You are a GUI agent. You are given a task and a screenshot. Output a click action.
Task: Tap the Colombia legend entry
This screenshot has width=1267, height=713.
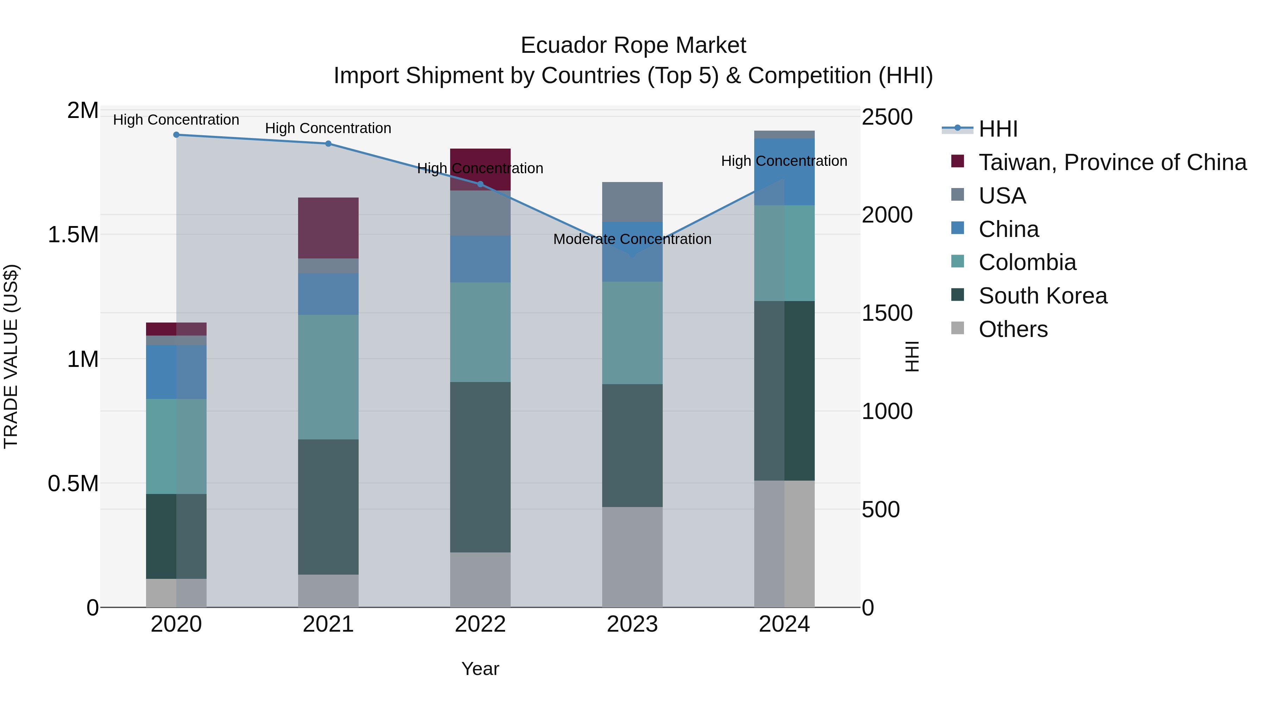1027,262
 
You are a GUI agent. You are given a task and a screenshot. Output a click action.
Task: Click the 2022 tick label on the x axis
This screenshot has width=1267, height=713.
480,624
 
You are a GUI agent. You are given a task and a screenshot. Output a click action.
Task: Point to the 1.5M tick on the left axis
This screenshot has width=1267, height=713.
73,235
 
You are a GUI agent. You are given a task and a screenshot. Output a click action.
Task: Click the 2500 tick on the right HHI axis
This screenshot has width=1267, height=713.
887,117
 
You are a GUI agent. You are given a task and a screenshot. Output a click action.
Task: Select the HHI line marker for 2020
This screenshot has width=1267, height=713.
177,135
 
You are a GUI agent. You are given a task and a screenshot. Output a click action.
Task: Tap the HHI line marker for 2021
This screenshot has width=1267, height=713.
329,144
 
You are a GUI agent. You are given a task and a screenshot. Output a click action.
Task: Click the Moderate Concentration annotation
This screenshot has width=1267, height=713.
632,239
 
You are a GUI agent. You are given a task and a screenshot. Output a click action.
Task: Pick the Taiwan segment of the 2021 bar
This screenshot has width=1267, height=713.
329,228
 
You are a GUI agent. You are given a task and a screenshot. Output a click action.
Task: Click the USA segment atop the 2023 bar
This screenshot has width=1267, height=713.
632,202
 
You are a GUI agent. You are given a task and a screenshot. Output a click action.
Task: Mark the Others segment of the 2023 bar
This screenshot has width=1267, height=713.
632,557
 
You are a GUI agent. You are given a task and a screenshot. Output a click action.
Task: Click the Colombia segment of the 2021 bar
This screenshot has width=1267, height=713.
329,377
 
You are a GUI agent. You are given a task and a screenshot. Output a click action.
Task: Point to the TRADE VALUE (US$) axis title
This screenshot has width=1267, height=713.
11,356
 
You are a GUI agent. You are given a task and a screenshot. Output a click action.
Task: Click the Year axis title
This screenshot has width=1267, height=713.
480,669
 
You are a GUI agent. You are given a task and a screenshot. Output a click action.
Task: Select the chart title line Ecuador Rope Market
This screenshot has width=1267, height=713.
633,45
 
